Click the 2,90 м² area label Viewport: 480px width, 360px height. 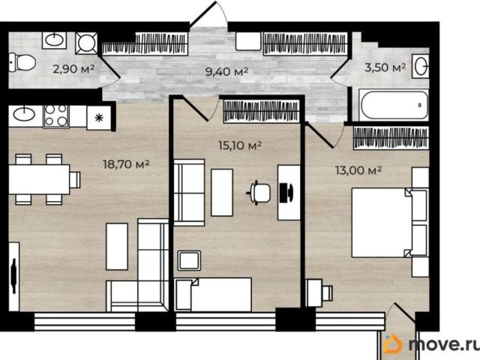click(x=73, y=69)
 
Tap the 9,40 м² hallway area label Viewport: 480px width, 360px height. click(x=226, y=72)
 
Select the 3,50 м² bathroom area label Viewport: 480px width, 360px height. click(x=385, y=67)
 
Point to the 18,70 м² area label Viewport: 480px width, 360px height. click(x=126, y=164)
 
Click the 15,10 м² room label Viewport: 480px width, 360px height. click(x=240, y=145)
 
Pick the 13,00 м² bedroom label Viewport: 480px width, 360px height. click(x=358, y=170)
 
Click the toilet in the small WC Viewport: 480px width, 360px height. click(x=22, y=62)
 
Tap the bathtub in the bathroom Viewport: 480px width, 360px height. click(x=394, y=105)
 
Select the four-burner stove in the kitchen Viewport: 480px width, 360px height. click(x=56, y=115)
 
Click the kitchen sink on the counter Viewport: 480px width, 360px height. click(x=25, y=115)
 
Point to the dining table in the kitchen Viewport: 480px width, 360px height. click(x=39, y=179)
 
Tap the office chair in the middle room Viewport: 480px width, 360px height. click(x=259, y=193)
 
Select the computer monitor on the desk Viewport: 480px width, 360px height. click(x=286, y=193)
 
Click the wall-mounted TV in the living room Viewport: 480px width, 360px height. click(x=13, y=276)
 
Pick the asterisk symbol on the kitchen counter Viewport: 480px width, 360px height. click(x=99, y=118)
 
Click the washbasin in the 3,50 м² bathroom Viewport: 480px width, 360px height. click(x=421, y=66)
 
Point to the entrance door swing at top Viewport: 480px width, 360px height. click(x=209, y=13)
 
